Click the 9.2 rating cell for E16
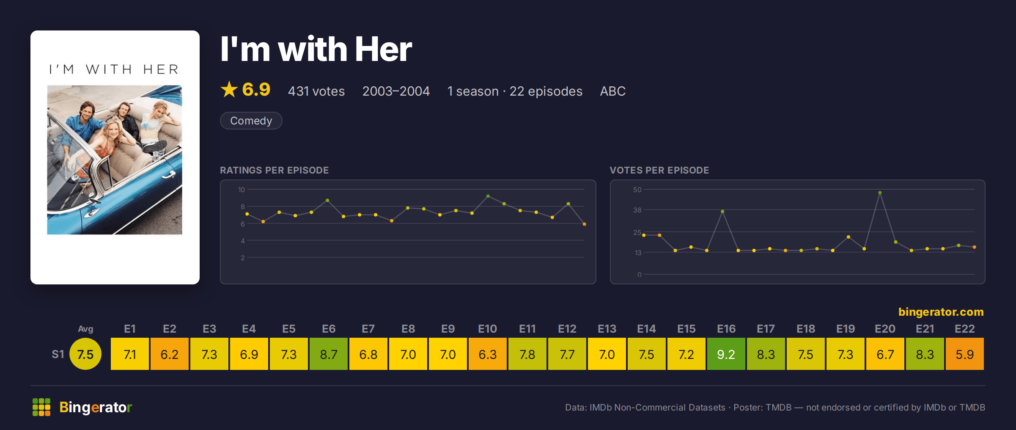coord(726,354)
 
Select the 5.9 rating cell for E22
coord(964,354)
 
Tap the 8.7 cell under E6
coord(328,354)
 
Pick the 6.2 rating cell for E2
coord(169,354)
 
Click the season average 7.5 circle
coord(85,354)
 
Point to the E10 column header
coord(487,329)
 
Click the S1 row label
coord(58,354)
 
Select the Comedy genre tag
coord(251,121)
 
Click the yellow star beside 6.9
coord(229,89)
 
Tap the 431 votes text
coord(316,91)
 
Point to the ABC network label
coord(612,91)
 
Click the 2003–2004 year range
coord(396,91)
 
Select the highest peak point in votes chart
coord(880,193)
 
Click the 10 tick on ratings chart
coord(241,190)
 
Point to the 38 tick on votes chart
coord(637,210)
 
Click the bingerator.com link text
coord(941,312)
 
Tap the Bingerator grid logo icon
coord(41,407)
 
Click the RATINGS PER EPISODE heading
coord(274,170)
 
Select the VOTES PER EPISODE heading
coord(659,170)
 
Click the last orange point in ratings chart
coord(584,224)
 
